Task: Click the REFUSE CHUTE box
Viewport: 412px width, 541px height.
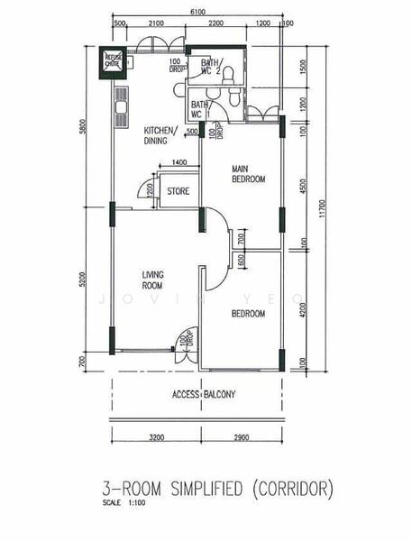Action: (113, 60)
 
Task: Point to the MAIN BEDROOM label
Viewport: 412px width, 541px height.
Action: (248, 174)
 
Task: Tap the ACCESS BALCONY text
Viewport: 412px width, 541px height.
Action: (204, 395)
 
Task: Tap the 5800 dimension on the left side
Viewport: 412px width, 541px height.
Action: (82, 128)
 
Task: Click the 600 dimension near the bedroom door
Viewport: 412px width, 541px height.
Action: (241, 261)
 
